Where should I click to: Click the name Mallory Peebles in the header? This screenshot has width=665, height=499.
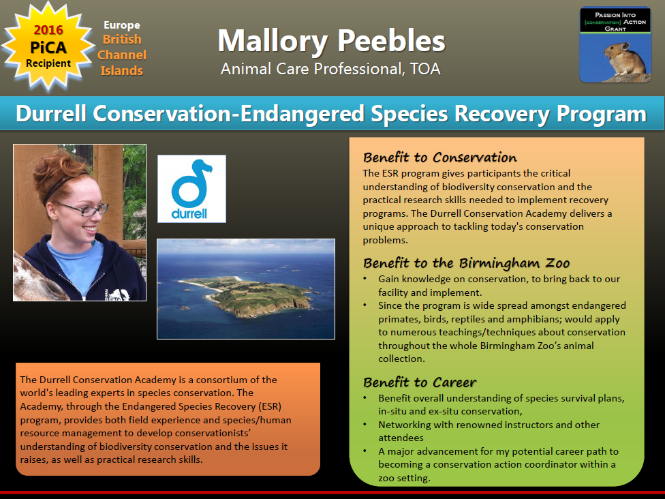332,41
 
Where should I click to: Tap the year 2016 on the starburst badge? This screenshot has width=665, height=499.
48,30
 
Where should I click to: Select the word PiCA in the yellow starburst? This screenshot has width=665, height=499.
48,47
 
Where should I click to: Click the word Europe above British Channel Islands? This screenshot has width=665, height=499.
122,25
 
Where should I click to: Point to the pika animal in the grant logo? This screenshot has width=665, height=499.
624,59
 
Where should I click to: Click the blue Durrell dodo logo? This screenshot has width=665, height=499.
191,189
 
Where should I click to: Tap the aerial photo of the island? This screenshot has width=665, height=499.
246,289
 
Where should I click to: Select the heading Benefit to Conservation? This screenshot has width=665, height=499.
439,157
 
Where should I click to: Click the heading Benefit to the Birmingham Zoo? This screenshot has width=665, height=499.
466,263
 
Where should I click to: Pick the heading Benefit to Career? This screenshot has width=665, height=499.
420,382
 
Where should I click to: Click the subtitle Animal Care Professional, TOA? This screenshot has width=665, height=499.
331,69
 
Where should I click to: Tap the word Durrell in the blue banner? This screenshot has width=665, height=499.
51,114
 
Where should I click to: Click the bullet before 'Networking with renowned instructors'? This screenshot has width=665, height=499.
365,424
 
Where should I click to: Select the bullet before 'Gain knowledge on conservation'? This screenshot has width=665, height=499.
365,279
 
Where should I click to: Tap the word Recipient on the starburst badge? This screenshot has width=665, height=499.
48,63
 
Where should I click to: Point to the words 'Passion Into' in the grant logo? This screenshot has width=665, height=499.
615,15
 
